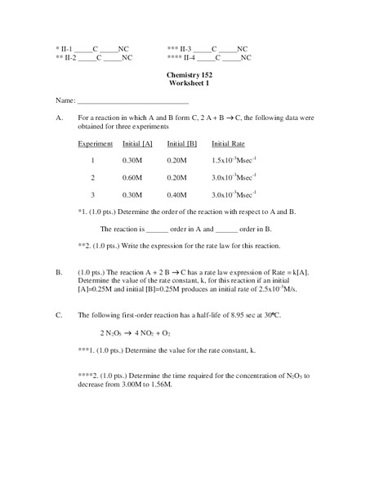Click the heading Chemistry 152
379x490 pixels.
click(x=189, y=75)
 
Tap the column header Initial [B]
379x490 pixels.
click(x=182, y=144)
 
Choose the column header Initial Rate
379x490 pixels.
click(x=229, y=144)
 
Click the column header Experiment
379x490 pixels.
click(x=95, y=144)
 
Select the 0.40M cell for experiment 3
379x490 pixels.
click(x=176, y=194)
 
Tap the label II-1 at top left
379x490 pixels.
click(x=66, y=48)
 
